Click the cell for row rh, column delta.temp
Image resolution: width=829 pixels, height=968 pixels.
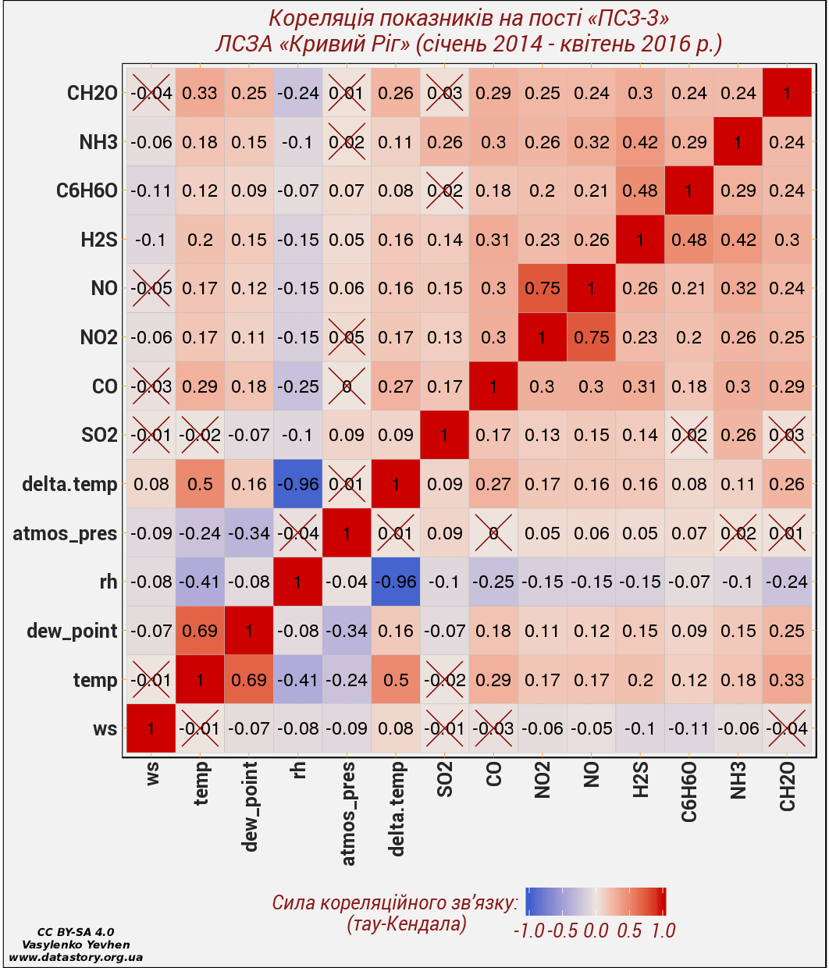[x=396, y=582]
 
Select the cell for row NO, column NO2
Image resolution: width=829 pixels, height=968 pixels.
[x=543, y=288]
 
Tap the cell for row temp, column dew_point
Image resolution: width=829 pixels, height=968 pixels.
[x=249, y=680]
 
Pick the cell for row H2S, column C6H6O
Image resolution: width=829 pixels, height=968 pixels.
[x=689, y=240]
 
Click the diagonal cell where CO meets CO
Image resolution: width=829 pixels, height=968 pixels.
[x=493, y=386]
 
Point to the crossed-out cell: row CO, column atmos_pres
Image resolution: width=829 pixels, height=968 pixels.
[x=347, y=386]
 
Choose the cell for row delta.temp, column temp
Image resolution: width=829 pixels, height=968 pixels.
[x=200, y=484]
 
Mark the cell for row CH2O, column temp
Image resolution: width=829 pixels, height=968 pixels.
[x=200, y=93]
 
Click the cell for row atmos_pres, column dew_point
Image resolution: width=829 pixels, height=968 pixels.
[x=249, y=533]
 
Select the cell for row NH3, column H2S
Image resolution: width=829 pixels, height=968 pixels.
[x=640, y=142]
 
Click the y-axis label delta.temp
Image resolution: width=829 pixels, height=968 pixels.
[x=69, y=485]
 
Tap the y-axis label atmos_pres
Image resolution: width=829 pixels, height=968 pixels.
[x=65, y=534]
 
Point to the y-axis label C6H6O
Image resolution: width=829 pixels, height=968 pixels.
[x=87, y=191]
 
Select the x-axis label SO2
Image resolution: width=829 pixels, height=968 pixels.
[x=445, y=781]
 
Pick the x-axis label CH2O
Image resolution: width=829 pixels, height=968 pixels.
[x=788, y=786]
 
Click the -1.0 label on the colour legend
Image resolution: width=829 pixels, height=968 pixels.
[x=528, y=931]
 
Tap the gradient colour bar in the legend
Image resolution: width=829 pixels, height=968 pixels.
[x=596, y=901]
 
